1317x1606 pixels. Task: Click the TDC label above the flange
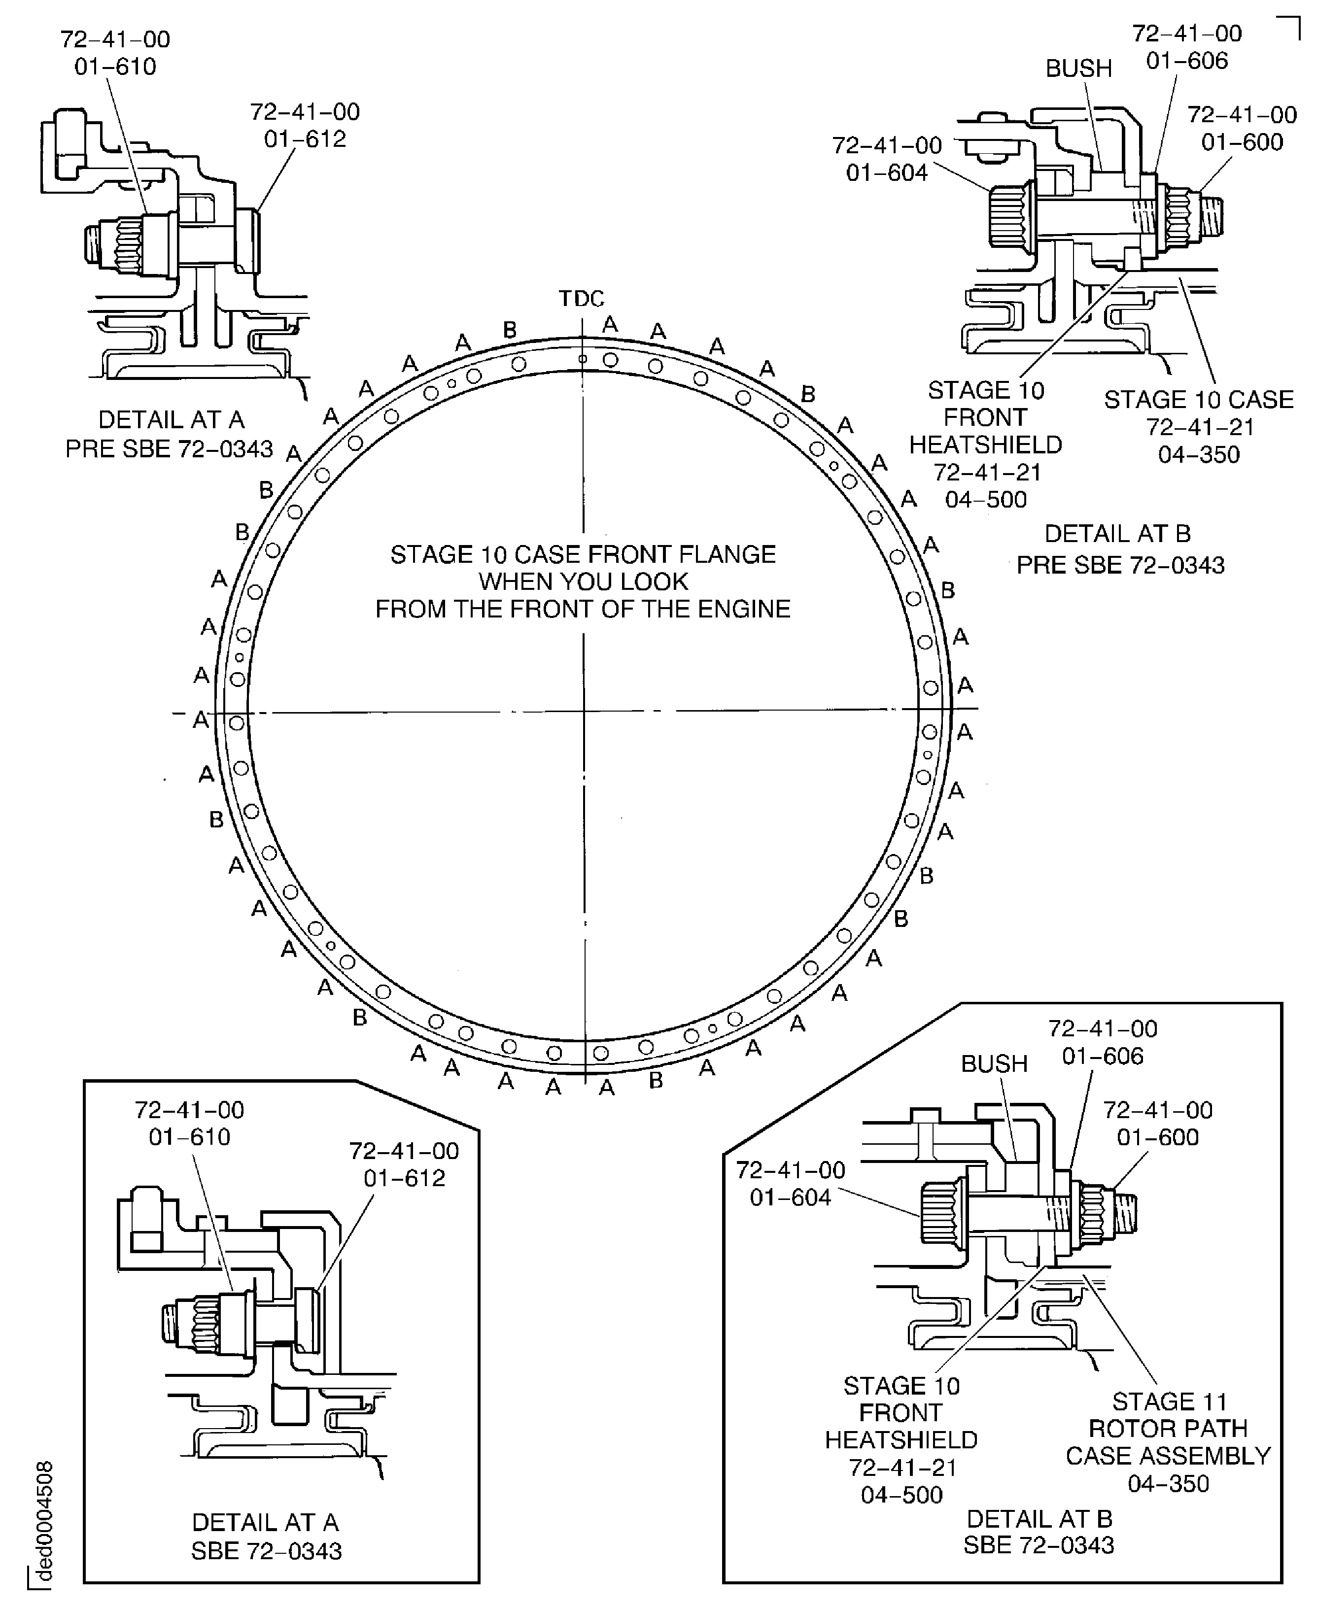click(x=582, y=299)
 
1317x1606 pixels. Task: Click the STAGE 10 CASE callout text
click(x=1199, y=399)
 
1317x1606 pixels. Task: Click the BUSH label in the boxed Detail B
click(x=994, y=1063)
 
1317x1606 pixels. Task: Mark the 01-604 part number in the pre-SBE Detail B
click(x=887, y=173)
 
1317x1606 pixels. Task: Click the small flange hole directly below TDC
click(x=583, y=359)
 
